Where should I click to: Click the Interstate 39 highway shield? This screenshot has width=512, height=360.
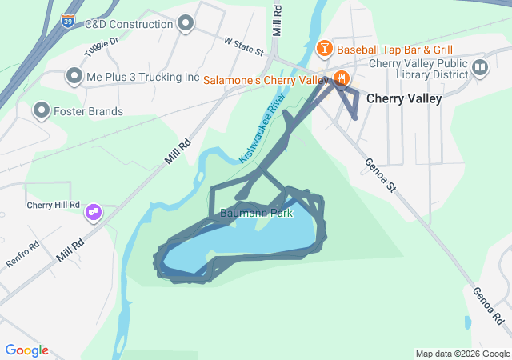point(68,20)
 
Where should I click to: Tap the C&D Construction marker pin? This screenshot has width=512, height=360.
point(186,23)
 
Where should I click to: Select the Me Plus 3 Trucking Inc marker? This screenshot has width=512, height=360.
point(74,77)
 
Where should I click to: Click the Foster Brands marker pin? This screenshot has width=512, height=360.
point(41,110)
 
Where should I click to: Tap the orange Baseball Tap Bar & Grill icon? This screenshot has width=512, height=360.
point(324,50)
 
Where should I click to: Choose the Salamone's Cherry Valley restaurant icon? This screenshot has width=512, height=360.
point(342,79)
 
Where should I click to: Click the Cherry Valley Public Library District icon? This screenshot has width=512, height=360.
point(480,67)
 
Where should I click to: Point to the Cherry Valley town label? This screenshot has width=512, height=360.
point(404,98)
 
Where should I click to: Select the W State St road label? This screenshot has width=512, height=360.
point(243,45)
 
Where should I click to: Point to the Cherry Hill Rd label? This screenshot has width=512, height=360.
point(54,205)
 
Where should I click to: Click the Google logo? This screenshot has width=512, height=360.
point(26,350)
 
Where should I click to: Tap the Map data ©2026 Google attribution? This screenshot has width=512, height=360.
point(462,354)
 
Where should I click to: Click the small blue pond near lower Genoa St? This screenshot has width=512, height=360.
point(467,322)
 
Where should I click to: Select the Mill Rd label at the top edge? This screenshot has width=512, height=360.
point(278,19)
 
